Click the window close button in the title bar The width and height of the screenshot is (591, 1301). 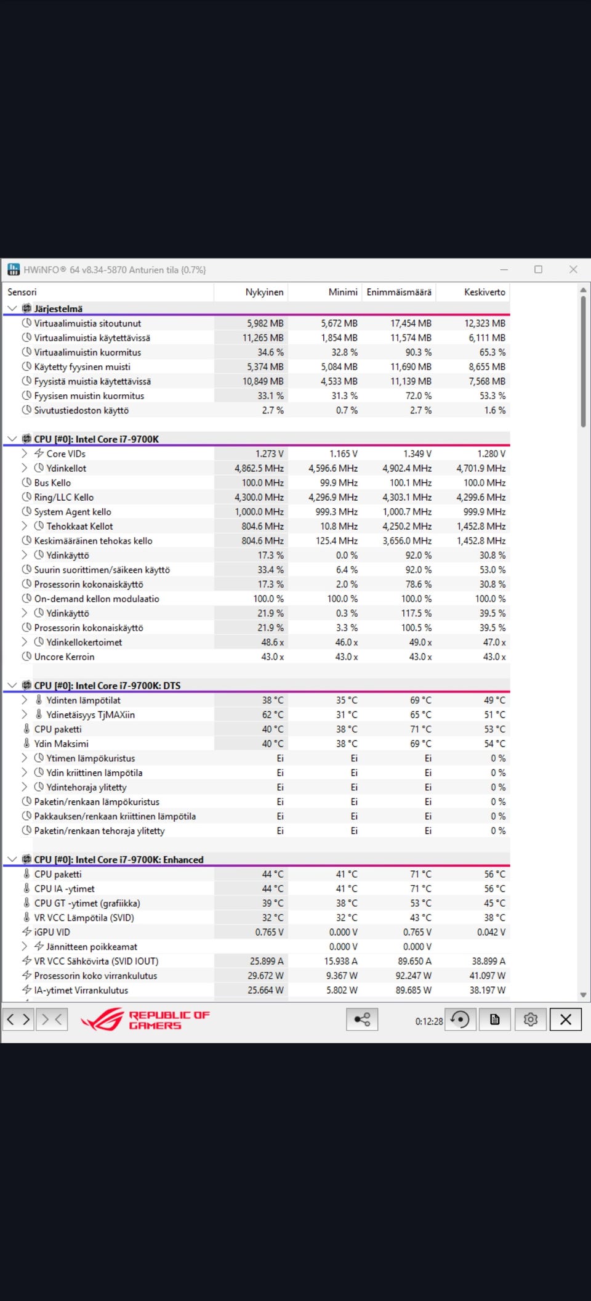pyautogui.click(x=573, y=269)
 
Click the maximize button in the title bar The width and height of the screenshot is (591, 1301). pyautogui.click(x=538, y=269)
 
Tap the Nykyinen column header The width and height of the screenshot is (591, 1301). pyautogui.click(x=264, y=292)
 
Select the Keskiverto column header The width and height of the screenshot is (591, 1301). pyautogui.click(x=484, y=292)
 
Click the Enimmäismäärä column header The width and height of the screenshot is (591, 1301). pyautogui.click(x=399, y=292)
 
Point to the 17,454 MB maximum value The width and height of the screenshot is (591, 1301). pyautogui.click(x=411, y=323)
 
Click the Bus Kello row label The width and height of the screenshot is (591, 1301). pyautogui.click(x=52, y=483)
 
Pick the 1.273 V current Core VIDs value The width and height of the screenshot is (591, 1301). pyautogui.click(x=269, y=454)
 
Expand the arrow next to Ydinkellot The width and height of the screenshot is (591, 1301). pyautogui.click(x=25, y=468)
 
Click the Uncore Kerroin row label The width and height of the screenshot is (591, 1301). pyautogui.click(x=64, y=657)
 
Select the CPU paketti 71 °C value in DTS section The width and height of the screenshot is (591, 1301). pyautogui.click(x=420, y=729)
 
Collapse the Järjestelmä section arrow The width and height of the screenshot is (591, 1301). pyautogui.click(x=12, y=308)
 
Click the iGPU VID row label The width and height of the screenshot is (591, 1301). pyautogui.click(x=52, y=932)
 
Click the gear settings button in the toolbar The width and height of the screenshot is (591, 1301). pyautogui.click(x=530, y=1019)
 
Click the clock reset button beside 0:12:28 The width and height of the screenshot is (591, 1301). pyautogui.click(x=460, y=1019)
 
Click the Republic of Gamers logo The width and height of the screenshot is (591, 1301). pyautogui.click(x=145, y=1020)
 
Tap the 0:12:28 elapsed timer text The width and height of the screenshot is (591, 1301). pyautogui.click(x=428, y=1021)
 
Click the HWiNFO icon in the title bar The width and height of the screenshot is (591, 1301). pyautogui.click(x=14, y=269)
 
